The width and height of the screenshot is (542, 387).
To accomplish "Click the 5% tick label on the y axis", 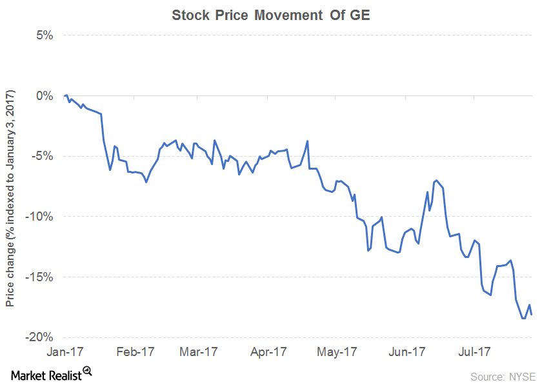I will pos(43,35).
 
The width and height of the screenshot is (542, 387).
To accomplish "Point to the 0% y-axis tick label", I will pos(43,95).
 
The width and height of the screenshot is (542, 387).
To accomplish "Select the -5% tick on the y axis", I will pos(41,156).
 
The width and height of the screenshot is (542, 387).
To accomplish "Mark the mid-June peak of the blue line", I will pos(437,181).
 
